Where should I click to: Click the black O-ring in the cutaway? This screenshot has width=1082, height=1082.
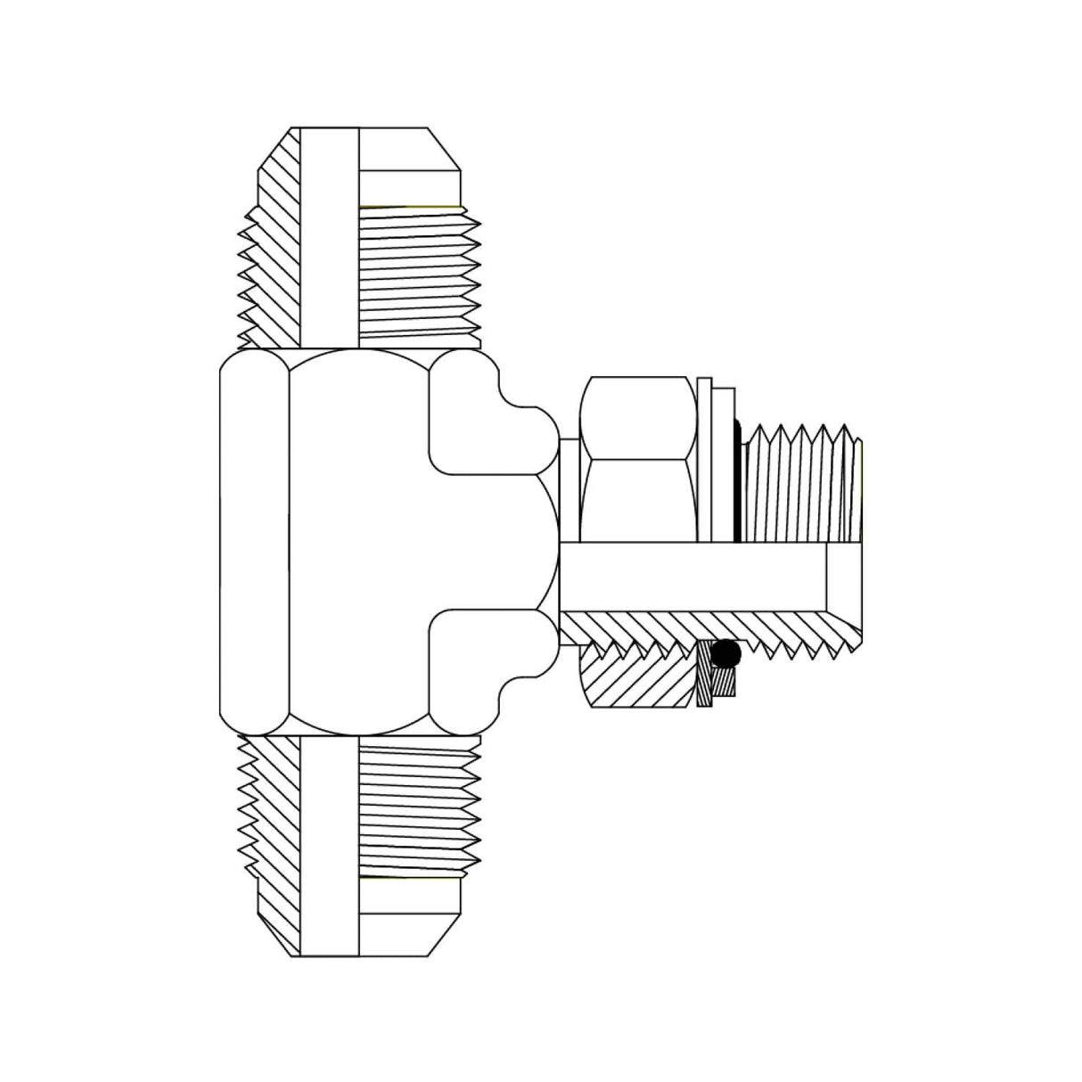tap(728, 654)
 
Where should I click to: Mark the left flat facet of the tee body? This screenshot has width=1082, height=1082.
tap(254, 539)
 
